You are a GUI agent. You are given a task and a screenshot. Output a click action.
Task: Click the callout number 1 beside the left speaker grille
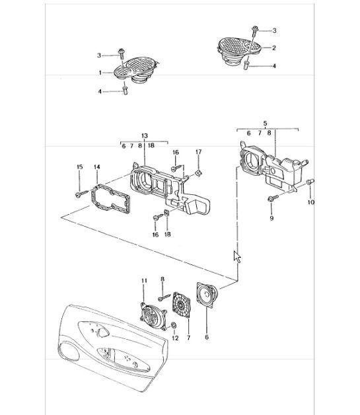[100, 72]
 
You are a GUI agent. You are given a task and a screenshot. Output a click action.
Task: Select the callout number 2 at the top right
[274, 48]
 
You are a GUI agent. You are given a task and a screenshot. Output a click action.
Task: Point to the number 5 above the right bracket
[265, 123]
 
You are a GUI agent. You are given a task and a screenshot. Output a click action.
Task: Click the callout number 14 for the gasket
[96, 168]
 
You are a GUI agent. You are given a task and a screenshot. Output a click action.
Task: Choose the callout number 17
[198, 153]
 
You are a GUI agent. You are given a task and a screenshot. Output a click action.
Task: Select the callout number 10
[312, 203]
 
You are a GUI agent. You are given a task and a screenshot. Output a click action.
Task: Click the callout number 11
[143, 282]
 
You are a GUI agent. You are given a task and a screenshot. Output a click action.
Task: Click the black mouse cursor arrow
[237, 256]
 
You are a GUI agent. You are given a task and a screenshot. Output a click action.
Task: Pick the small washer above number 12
[173, 325]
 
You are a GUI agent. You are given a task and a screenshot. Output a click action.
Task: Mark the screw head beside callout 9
[271, 198]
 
